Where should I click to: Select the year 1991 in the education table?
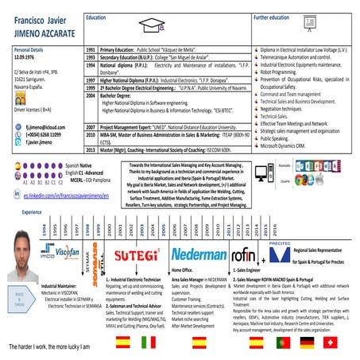click(x=91, y=49)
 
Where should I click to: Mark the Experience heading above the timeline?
click(x=32, y=213)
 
